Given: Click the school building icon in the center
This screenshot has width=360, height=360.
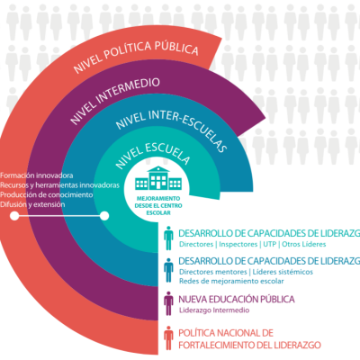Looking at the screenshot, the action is (x=158, y=178).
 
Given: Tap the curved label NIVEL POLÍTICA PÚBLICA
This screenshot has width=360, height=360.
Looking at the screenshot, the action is (x=136, y=54).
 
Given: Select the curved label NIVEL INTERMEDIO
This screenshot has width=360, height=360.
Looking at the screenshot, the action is (x=115, y=97).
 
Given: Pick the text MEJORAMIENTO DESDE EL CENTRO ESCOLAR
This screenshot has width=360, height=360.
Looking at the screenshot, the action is (x=158, y=206).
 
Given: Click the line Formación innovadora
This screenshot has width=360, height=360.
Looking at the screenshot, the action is (x=37, y=175).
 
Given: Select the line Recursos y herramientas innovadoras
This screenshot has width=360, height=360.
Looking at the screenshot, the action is (x=59, y=185).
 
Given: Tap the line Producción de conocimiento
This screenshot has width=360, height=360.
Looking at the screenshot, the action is (x=47, y=194).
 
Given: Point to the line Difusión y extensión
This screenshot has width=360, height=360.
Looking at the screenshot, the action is (x=32, y=204).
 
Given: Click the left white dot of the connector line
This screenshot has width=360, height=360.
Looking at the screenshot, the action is (x=14, y=216).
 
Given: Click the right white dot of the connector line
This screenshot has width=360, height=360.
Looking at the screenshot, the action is (x=104, y=216).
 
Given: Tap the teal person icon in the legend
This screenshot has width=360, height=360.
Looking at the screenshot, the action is (x=168, y=238).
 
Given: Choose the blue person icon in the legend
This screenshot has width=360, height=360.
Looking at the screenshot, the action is (x=168, y=270).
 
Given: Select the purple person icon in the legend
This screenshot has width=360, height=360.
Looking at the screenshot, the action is (x=168, y=303).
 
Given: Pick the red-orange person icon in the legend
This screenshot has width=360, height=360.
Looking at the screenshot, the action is (x=168, y=338).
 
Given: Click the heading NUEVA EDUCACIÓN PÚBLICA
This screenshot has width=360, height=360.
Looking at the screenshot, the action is (x=237, y=300).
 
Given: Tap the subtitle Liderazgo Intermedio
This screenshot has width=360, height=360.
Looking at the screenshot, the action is (x=214, y=310).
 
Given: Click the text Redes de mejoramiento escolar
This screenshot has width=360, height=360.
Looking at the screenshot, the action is (x=231, y=282).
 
